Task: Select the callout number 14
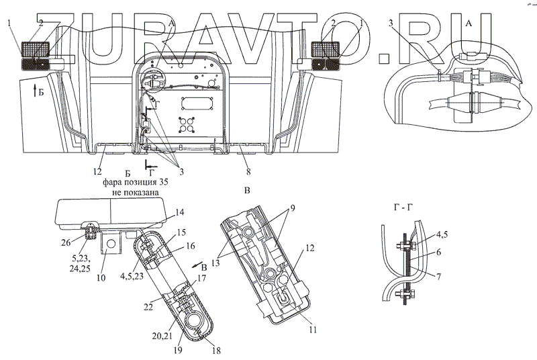tap(179, 212)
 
